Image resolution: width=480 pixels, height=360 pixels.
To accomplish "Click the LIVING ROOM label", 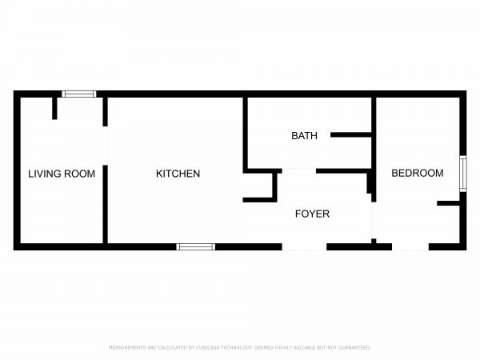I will coord(62,174).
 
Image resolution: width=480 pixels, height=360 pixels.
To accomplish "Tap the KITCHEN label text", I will coord(178,174).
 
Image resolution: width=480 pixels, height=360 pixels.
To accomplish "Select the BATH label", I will coord(304,136).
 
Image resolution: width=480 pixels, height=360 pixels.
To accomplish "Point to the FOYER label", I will coord(312,214).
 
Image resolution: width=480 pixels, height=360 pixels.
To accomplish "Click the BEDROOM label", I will coord(417,174).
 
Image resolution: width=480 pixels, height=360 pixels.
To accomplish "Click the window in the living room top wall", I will coord(79,94).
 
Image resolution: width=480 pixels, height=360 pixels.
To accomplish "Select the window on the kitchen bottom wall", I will coord(195,246).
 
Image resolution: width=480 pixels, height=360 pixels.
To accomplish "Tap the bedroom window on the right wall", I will coord(462,174).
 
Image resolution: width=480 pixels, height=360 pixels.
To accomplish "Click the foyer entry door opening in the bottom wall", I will coord(305,246).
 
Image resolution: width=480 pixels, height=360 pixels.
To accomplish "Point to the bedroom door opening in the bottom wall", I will coord(410,246).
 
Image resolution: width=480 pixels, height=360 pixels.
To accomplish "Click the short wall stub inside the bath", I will coord(350,134).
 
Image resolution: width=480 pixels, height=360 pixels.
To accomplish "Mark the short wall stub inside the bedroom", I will coord(448,204).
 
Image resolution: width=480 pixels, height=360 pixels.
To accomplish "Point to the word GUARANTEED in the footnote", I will coord(353,348).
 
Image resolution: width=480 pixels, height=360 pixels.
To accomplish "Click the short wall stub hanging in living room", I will coord(54,108).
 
